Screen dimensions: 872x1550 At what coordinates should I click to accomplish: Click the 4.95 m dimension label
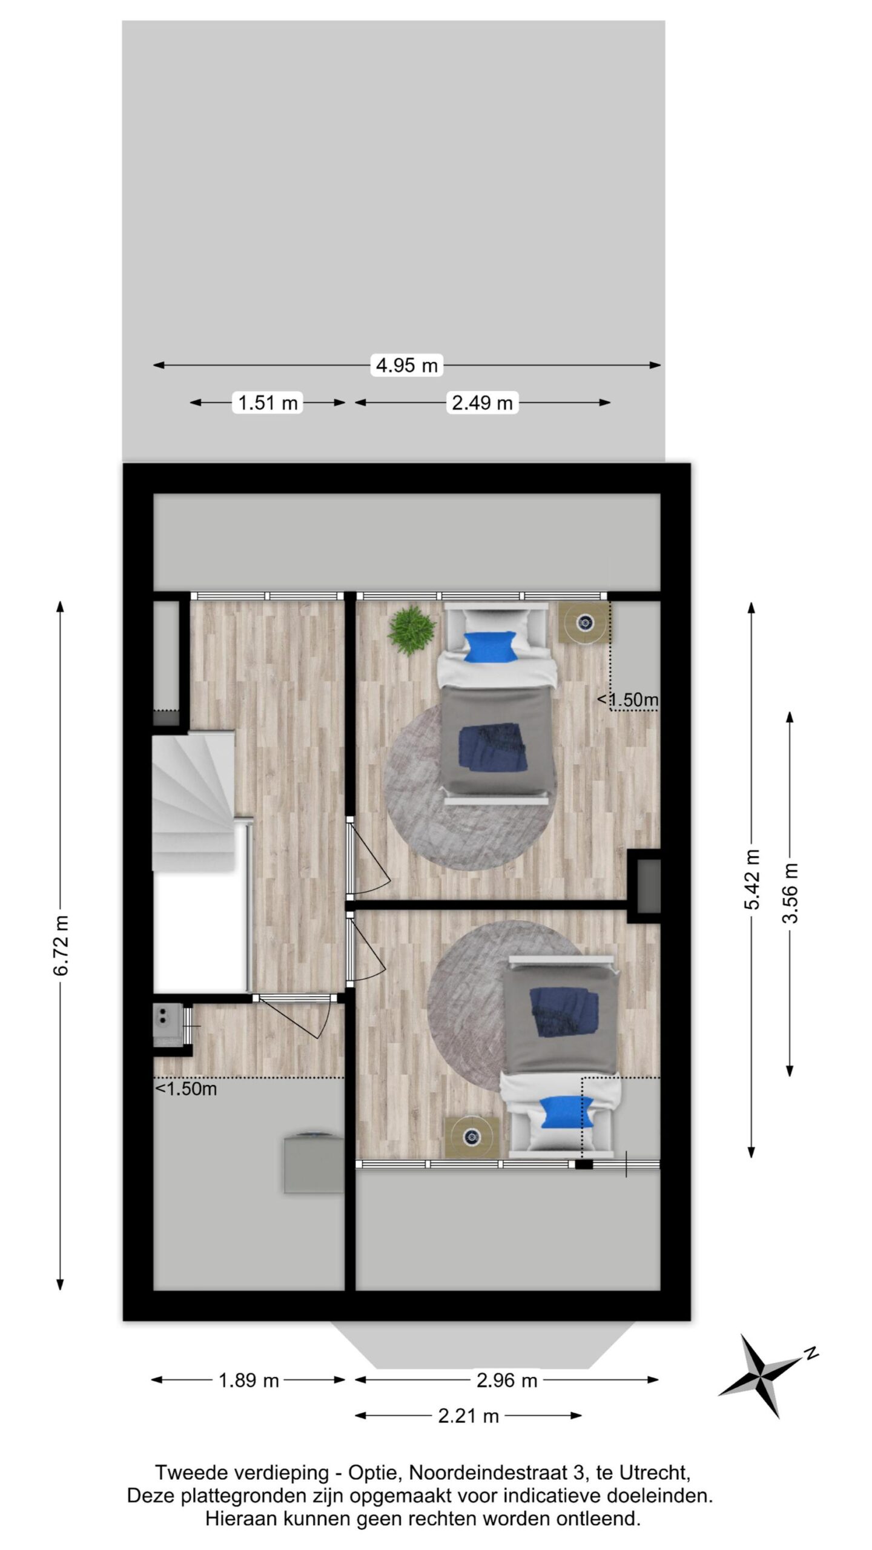point(406,365)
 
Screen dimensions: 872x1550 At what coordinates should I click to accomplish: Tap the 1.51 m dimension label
point(268,402)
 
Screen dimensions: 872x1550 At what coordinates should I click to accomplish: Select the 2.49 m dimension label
point(482,402)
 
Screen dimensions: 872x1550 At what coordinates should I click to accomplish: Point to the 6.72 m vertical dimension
point(61,945)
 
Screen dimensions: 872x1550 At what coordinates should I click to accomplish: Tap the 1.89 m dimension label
point(248,1380)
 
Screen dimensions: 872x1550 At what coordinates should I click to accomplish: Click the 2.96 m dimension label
point(507,1380)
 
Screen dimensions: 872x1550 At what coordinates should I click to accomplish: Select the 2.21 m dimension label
point(468,1416)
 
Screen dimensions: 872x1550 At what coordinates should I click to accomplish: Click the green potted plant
point(412,630)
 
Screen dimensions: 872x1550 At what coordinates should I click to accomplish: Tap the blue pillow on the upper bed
point(490,647)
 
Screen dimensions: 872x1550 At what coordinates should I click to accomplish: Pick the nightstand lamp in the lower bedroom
point(472,1136)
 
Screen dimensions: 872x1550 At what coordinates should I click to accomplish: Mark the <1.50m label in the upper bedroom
point(628,700)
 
